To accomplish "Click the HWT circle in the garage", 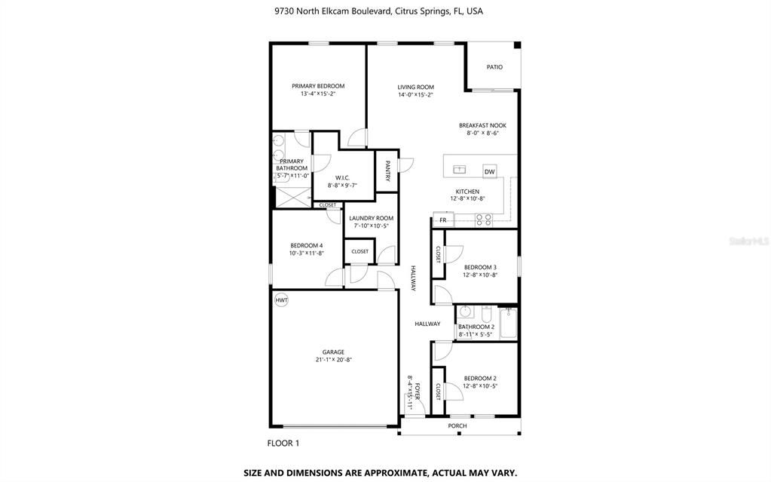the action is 281,299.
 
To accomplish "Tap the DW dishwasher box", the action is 489,171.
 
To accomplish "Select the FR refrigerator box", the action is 443,220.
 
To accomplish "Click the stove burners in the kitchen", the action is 483,220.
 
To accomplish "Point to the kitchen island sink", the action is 459,170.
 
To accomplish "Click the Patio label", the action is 494,67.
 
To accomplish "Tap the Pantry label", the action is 387,171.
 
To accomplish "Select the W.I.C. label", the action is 342,178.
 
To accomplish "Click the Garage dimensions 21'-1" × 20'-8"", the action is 333,360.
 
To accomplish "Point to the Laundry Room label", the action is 372,218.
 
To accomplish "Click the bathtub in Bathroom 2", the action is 508,323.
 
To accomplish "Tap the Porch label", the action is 457,426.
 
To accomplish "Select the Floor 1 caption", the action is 283,443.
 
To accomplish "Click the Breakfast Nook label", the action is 482,125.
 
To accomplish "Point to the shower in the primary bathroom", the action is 292,197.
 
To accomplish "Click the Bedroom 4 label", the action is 306,246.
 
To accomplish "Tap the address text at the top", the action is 378,11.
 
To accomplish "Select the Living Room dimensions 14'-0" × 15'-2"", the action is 415,95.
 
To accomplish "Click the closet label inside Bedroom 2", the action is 438,391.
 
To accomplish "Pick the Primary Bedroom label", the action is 318,86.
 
